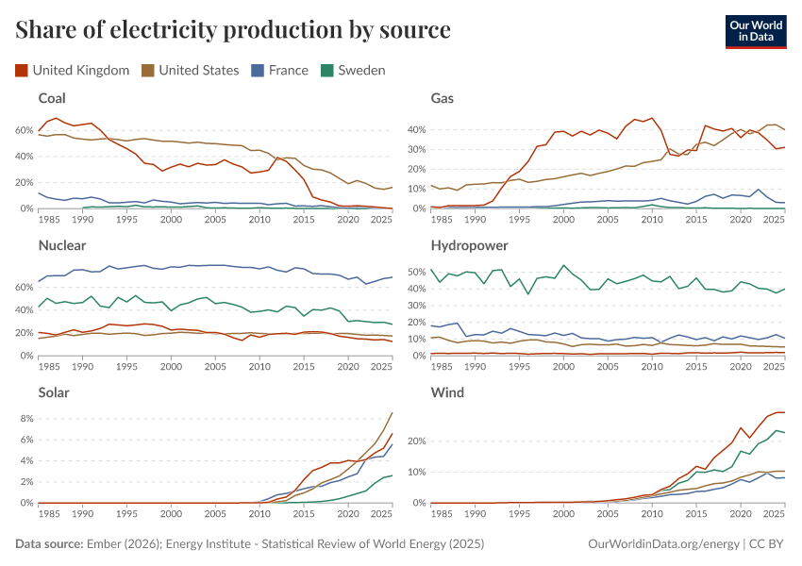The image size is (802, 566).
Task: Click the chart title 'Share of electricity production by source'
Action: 233,30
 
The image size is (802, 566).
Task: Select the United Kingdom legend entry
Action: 73,70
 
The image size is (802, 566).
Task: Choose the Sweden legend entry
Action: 353,70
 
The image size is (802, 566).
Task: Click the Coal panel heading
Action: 52,98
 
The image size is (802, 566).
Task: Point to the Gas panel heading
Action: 443,98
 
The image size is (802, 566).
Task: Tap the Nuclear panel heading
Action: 62,245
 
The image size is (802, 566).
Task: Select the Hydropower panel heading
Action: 470,245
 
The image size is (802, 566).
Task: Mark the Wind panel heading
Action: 447,392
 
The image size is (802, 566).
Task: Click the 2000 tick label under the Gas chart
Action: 563,220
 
